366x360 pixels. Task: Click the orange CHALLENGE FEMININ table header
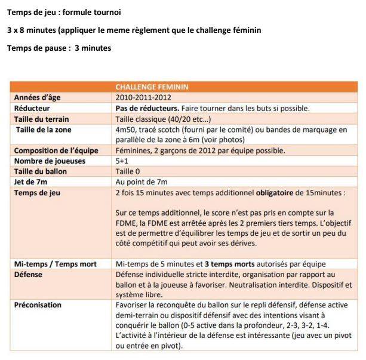pos(152,87)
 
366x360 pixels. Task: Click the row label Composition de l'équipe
pos(56,150)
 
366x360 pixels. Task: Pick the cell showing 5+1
pos(122,161)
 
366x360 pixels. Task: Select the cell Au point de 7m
pos(142,182)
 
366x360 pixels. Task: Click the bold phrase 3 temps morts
pos(231,263)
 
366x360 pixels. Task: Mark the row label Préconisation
pos(38,305)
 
